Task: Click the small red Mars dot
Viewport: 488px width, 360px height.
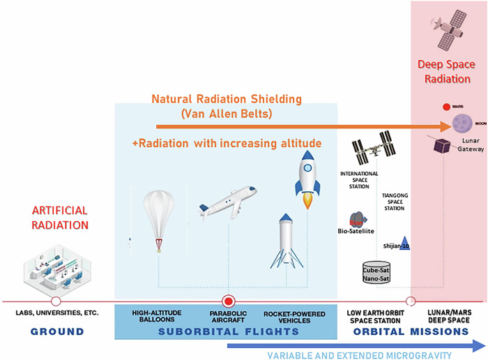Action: pyautogui.click(x=445, y=107)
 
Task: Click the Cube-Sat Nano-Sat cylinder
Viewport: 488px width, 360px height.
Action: pyautogui.click(x=376, y=271)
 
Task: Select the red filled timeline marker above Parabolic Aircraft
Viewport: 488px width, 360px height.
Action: pyautogui.click(x=227, y=301)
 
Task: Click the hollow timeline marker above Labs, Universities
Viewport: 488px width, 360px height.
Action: pyautogui.click(x=55, y=301)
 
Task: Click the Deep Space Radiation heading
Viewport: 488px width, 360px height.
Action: pyautogui.click(x=450, y=71)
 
